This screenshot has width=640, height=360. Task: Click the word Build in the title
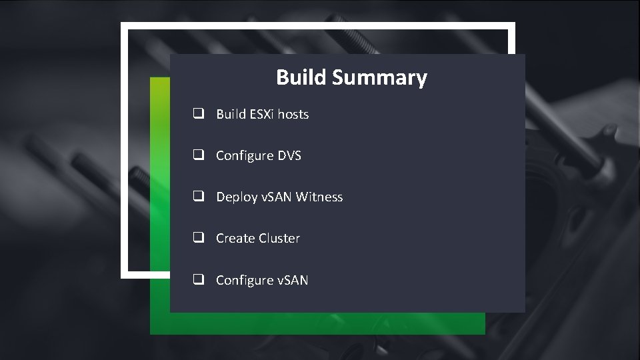pyautogui.click(x=301, y=77)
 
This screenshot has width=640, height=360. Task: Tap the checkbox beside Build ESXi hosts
pyautogui.click(x=199, y=114)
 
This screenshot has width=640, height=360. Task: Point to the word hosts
pyautogui.click(x=293, y=114)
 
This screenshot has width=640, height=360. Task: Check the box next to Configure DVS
pyautogui.click(x=199, y=155)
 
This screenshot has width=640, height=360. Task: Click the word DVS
pyautogui.click(x=289, y=155)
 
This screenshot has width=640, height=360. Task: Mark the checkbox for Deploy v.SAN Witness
pyautogui.click(x=199, y=197)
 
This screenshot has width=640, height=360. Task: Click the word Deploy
pyautogui.click(x=237, y=197)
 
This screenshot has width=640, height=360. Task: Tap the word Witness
pyautogui.click(x=319, y=197)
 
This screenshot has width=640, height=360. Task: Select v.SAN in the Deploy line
pyautogui.click(x=277, y=197)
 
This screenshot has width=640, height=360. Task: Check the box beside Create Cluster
pyautogui.click(x=199, y=238)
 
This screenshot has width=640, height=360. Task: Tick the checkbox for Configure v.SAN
pyautogui.click(x=199, y=280)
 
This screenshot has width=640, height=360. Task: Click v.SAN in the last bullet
pyautogui.click(x=293, y=280)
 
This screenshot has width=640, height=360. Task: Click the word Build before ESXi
pyautogui.click(x=231, y=114)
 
